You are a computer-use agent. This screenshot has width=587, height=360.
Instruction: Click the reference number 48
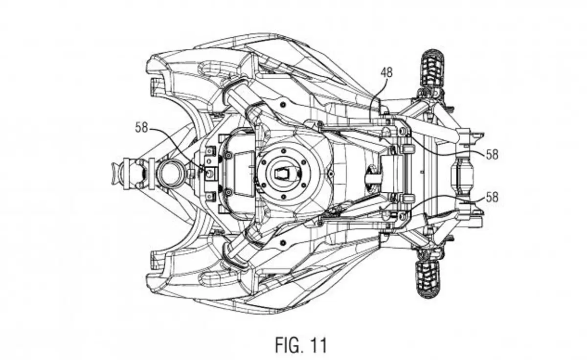386,72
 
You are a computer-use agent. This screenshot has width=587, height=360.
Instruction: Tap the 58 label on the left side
141,128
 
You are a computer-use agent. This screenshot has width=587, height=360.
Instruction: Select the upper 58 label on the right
492,155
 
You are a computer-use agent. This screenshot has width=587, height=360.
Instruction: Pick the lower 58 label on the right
492,197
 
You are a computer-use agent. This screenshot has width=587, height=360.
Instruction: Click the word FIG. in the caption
287,345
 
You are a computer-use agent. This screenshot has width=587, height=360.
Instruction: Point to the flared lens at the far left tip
114,174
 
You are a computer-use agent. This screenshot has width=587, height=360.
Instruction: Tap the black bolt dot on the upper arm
283,105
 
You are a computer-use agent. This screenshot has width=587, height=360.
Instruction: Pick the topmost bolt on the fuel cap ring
283,151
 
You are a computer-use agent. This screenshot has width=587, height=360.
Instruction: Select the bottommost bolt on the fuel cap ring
283,196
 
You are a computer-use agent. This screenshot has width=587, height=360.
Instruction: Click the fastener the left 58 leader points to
210,173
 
